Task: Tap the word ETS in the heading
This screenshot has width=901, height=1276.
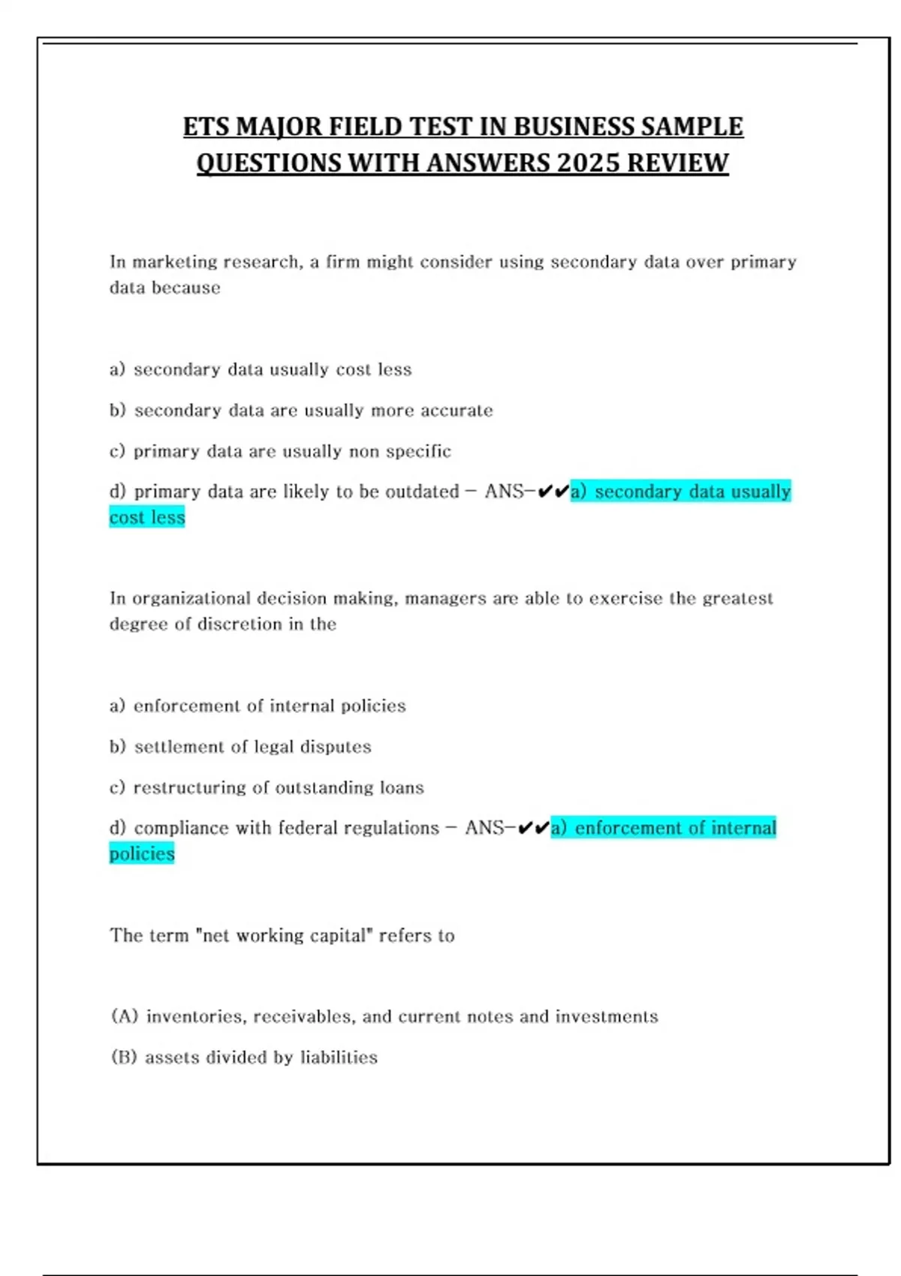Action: point(206,127)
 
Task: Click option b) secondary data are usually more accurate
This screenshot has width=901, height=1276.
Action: point(301,411)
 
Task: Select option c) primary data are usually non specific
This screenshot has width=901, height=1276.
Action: point(280,451)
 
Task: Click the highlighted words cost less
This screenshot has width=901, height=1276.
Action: point(147,517)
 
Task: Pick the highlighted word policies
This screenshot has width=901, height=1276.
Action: point(142,853)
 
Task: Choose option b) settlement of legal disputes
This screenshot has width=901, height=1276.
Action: point(240,747)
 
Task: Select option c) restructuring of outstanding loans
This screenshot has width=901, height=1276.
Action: point(267,787)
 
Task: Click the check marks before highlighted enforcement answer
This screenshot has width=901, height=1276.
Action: point(534,828)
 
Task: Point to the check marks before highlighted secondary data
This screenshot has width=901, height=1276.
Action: point(553,492)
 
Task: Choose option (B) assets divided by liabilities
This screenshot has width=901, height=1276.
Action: point(244,1057)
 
